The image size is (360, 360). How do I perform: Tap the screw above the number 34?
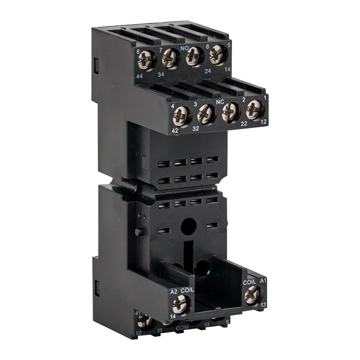pyautogui.click(x=170, y=58)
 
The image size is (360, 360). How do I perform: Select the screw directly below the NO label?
pyautogui.click(x=194, y=56)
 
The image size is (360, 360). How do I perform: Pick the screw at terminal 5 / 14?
pyautogui.click(x=217, y=54)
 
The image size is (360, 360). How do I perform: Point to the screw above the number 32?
pyautogui.click(x=205, y=114)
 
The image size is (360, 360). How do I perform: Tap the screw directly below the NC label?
pyautogui.click(x=230, y=111)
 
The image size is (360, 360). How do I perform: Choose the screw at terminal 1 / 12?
pyautogui.click(x=253, y=108)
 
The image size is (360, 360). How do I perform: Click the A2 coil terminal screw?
pyautogui.click(x=180, y=302)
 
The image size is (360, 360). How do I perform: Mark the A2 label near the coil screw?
pyautogui.click(x=174, y=291)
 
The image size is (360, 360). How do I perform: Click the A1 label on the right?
pyautogui.click(x=263, y=281)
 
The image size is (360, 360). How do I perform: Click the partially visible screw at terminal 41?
pyautogui.click(x=145, y=320)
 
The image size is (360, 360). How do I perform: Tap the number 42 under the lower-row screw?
pyautogui.click(x=175, y=130)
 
